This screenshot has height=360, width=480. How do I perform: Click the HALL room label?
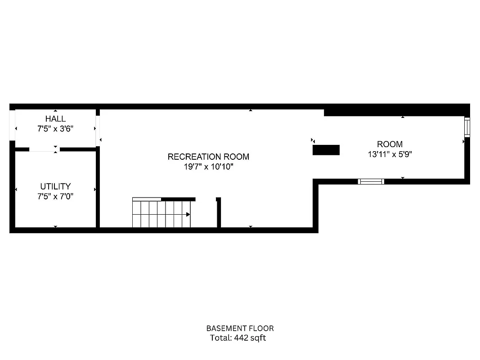pyautogui.click(x=55, y=119)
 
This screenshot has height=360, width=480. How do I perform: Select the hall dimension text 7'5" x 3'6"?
pyautogui.click(x=55, y=128)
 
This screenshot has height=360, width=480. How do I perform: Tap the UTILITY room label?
pyautogui.click(x=55, y=186)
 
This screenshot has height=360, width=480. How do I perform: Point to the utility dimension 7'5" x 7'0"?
pyautogui.click(x=55, y=196)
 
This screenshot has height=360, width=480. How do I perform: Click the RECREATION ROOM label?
pyautogui.click(x=208, y=157)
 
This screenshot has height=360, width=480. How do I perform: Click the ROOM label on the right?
pyautogui.click(x=390, y=144)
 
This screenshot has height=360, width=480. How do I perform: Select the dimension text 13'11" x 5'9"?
pyautogui.click(x=390, y=154)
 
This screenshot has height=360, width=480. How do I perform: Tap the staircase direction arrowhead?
pyautogui.click(x=188, y=215)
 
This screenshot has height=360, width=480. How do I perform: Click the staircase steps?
pyautogui.click(x=160, y=214)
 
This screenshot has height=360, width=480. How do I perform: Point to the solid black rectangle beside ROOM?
pyautogui.click(x=326, y=150)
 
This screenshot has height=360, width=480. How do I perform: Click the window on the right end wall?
pyautogui.click(x=467, y=127)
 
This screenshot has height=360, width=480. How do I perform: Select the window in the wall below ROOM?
pyautogui.click(x=371, y=181)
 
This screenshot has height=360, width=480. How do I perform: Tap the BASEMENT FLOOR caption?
pyautogui.click(x=240, y=328)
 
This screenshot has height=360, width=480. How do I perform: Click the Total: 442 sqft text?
pyautogui.click(x=238, y=338)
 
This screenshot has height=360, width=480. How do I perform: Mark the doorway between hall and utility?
pyautogui.click(x=44, y=149)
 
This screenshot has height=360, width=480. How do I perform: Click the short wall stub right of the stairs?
pyautogui.click(x=219, y=213)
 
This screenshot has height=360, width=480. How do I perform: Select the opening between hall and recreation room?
pyautogui.click(x=97, y=131)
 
